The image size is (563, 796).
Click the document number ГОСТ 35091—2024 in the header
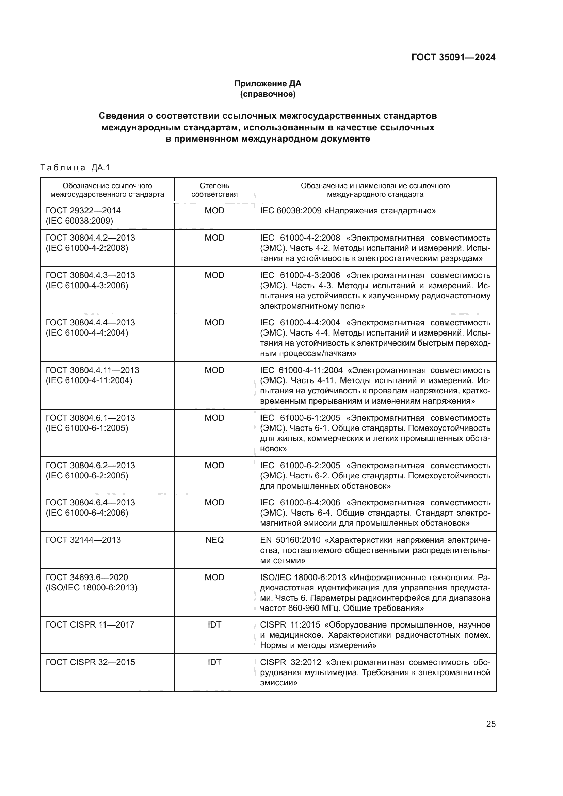pos(453,57)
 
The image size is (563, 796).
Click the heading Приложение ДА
pos(268,84)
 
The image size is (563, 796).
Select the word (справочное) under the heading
pos(268,94)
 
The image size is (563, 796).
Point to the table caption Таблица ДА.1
pos(75,168)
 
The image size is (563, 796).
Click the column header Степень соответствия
pos(214,190)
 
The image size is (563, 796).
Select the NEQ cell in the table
pos(214,540)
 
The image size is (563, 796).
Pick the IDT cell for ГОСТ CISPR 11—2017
pos(214,625)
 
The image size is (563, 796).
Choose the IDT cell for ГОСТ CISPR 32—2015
pos(214,662)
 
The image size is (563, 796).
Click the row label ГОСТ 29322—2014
pos(83,210)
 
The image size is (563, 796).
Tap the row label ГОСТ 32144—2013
pos(83,540)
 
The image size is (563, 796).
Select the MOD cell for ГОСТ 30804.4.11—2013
pos(214,370)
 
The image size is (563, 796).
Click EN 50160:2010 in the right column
pos(290,540)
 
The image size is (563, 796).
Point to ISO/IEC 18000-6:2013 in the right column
pos(303,577)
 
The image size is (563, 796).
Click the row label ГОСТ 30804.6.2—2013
pos(90,465)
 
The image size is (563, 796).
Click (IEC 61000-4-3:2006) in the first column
pos(87,286)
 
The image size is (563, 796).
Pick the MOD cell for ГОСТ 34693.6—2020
pos(214,577)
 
